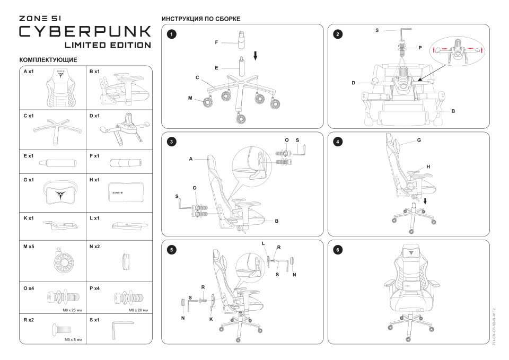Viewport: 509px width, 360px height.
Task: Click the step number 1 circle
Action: (171, 34)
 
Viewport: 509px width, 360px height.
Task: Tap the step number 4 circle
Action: (338, 142)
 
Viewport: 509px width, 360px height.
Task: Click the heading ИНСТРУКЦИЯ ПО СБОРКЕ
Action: (201, 19)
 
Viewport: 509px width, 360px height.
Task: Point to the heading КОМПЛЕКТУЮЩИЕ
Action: (48, 60)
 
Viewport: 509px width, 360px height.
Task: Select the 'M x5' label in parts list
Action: (29, 247)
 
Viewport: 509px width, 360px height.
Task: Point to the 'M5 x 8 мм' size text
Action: (73, 339)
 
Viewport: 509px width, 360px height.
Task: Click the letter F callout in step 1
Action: (216, 41)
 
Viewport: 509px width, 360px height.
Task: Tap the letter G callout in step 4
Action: (419, 141)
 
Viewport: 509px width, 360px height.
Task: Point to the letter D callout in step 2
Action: (353, 83)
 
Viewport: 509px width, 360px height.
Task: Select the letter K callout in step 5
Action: (211, 319)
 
